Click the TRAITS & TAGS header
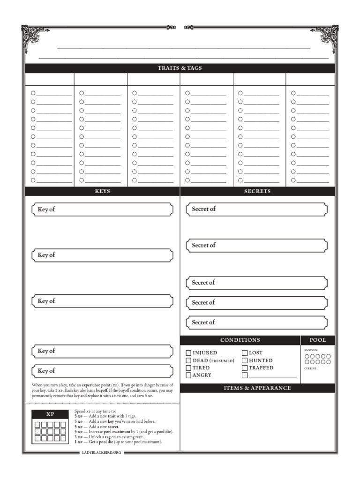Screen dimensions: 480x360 pyautogui.click(x=180, y=68)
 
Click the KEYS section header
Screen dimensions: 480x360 pyautogui.click(x=102, y=191)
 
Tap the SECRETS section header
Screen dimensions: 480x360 pyautogui.click(x=257, y=191)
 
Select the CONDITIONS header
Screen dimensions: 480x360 pyautogui.click(x=240, y=340)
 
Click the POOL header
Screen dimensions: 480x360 pyautogui.click(x=317, y=340)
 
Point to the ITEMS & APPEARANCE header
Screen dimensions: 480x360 pyautogui.click(x=257, y=388)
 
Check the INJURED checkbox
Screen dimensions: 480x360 pyautogui.click(x=188, y=353)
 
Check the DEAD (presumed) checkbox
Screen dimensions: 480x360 pyautogui.click(x=188, y=360)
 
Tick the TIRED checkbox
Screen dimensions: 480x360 pyautogui.click(x=188, y=368)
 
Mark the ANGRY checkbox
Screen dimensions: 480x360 pyautogui.click(x=188, y=375)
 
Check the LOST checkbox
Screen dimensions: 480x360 pyautogui.click(x=245, y=353)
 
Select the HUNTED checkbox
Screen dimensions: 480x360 pyautogui.click(x=245, y=360)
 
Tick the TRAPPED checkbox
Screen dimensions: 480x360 pyautogui.click(x=245, y=368)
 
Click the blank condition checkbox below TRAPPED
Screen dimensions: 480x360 pyautogui.click(x=245, y=375)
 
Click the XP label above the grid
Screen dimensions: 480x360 pyautogui.click(x=50, y=414)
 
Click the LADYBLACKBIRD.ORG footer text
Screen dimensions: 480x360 pyautogui.click(x=101, y=452)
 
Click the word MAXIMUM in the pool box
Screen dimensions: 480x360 pyautogui.click(x=311, y=350)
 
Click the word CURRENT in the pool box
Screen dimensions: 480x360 pyautogui.click(x=310, y=368)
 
